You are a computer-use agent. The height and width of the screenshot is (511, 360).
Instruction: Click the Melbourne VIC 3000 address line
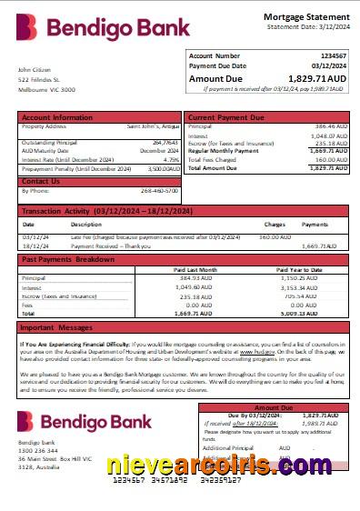click(47, 90)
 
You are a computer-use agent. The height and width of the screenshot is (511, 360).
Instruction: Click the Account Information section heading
click(57, 117)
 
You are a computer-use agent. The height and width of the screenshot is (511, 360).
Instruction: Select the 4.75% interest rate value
click(172, 159)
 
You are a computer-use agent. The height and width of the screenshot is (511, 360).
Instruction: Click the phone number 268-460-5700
click(160, 190)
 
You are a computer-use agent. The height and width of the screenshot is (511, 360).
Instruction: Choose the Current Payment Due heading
click(227, 117)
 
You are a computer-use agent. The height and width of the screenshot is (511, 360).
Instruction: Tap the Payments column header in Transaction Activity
click(315, 224)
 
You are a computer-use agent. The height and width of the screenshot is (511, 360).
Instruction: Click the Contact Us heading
click(41, 181)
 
